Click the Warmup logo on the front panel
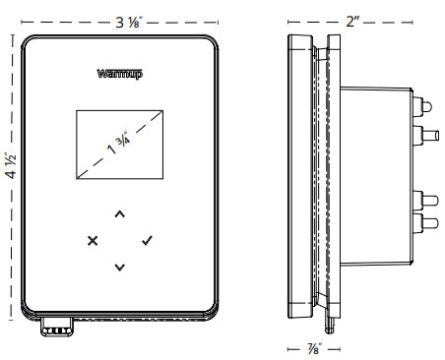120,74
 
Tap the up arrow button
120,214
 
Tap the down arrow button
120,268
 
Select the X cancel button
93,241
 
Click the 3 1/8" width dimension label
128,23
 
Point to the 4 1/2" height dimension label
11,165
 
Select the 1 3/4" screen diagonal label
118,144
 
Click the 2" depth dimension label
352,22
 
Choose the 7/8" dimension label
314,348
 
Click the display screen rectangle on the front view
120,145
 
